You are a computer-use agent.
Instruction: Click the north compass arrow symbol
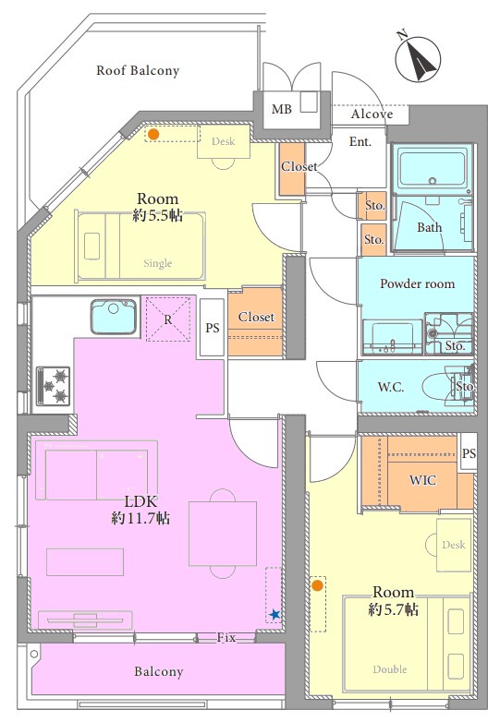419,58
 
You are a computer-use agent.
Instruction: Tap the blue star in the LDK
274,614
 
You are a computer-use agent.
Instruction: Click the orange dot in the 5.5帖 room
153,135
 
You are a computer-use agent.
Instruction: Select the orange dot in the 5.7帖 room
317,585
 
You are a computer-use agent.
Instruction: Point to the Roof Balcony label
138,70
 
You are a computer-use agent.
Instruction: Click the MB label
282,109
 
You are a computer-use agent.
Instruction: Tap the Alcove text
372,114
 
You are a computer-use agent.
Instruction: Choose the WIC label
422,480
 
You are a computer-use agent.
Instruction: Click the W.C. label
391,387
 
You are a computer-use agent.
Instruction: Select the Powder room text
417,283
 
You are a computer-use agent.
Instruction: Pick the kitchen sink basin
114,317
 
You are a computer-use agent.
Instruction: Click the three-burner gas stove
54,386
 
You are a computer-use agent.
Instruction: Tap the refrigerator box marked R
168,319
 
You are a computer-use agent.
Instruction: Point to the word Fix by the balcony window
226,638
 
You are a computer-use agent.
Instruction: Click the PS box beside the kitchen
213,328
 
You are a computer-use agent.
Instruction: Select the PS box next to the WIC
469,452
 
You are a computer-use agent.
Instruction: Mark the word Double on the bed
390,669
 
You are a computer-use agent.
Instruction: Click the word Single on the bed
158,263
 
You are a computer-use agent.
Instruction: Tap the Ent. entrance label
360,141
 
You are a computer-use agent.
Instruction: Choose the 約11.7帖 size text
140,519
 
